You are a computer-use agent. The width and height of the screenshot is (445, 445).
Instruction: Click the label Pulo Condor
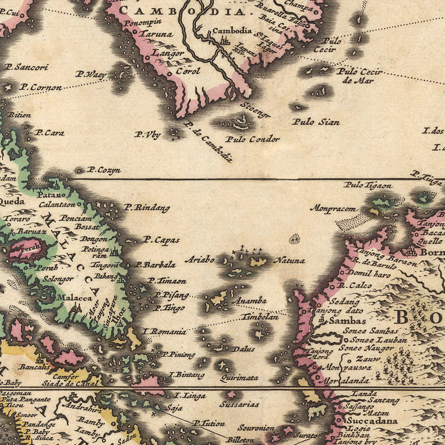pyautogui.click(x=252, y=139)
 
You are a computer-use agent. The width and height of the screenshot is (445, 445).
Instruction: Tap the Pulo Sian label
pyautogui.click(x=315, y=122)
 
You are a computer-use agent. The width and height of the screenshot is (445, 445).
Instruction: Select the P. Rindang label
pyautogui.click(x=147, y=208)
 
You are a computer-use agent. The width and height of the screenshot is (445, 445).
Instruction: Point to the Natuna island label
pyautogui.click(x=290, y=260)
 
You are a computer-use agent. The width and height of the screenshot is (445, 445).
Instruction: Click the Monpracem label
pyautogui.click(x=333, y=208)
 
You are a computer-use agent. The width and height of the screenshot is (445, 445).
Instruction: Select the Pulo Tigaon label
pyautogui.click(x=368, y=185)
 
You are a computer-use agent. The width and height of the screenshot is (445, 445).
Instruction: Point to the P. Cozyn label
pyautogui.click(x=104, y=170)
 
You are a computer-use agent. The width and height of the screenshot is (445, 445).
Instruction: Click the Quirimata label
pyautogui.click(x=239, y=378)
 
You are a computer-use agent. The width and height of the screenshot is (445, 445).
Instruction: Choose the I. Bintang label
pyautogui.click(x=187, y=375)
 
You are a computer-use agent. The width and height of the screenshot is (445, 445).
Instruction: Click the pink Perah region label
pyautogui.click(x=30, y=250)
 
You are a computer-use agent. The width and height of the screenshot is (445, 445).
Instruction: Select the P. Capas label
pyautogui.click(x=161, y=240)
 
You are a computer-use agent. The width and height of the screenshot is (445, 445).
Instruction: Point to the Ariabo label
pyautogui.click(x=200, y=259)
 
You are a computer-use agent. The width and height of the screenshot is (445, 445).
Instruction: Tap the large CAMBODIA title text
pyautogui.click(x=183, y=11)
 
